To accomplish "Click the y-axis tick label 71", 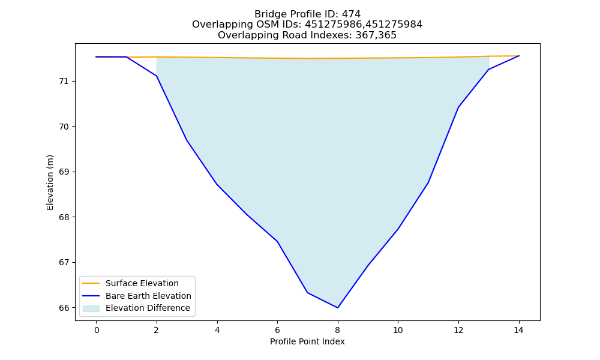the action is point(64,82).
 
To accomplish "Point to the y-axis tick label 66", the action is point(64,308).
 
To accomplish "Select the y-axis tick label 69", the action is point(64,172).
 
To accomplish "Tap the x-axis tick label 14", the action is point(519,330).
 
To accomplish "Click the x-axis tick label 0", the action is point(97,330).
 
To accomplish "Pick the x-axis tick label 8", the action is point(337,330).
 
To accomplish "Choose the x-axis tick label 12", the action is point(458,330).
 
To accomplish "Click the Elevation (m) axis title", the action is point(50,182).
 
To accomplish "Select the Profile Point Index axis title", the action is point(307,341).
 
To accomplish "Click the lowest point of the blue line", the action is point(337,308).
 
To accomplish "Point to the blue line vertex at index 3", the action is point(187,140).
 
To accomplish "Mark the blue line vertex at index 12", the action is point(458,107).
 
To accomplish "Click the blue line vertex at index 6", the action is point(277,241).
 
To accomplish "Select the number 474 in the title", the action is point(351,14).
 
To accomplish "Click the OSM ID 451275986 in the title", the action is point(333,25).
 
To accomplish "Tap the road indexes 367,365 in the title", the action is point(376,35).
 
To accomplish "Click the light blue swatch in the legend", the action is point(91,308).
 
